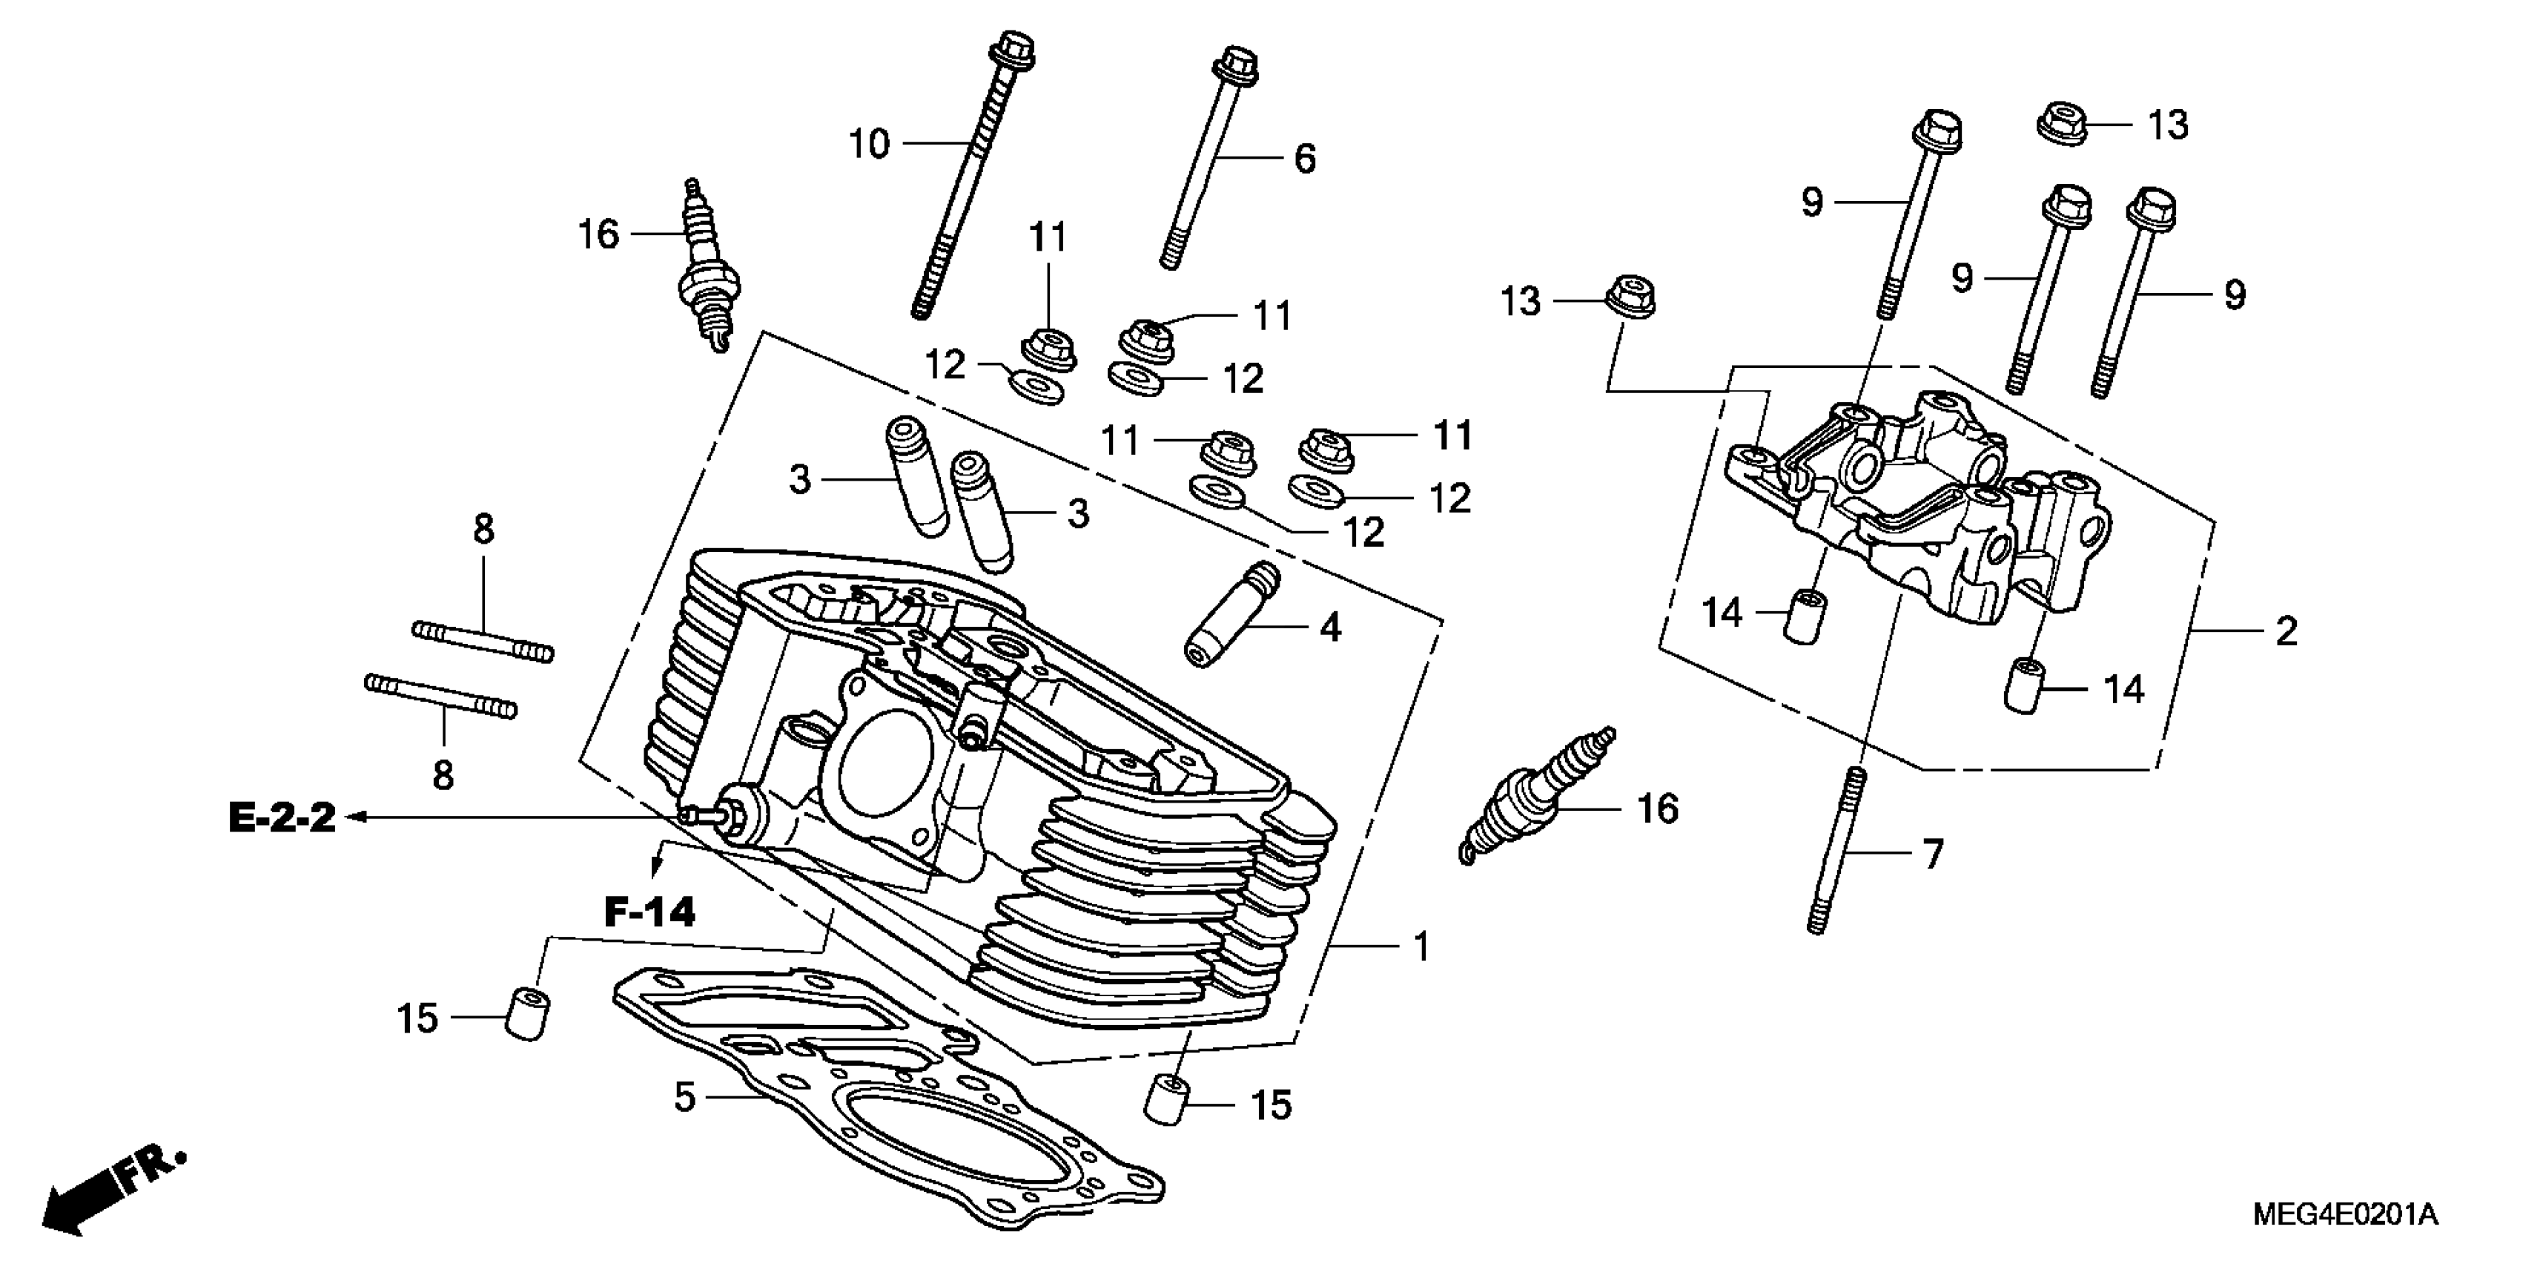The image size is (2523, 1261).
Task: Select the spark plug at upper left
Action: pos(705,269)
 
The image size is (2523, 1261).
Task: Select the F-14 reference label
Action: pos(649,912)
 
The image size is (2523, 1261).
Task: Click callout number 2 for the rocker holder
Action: pos(2286,630)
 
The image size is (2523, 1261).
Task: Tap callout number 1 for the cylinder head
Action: pos(1421,946)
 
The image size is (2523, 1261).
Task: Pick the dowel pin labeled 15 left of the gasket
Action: pos(528,1015)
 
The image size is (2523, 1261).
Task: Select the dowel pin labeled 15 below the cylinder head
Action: pos(1166,1099)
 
